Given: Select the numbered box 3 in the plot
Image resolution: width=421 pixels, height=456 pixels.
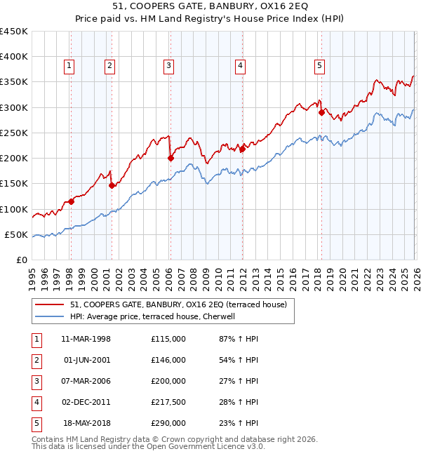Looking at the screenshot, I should [x=170, y=66].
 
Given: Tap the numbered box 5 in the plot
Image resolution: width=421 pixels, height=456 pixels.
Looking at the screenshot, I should [x=319, y=66].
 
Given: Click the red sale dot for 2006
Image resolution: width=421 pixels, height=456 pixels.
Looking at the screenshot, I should [x=171, y=159].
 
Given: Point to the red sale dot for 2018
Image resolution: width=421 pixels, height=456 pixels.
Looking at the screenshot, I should [x=321, y=112].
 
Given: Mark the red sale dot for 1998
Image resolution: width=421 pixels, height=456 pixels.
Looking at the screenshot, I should [x=71, y=201].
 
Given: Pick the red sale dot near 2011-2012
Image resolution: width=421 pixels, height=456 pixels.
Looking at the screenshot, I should [x=241, y=149].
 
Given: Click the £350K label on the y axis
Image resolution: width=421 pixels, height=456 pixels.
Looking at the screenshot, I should [x=14, y=82].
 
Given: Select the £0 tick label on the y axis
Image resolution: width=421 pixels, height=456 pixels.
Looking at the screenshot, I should [x=21, y=260].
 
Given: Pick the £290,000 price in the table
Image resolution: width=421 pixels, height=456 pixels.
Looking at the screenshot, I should [x=168, y=423].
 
